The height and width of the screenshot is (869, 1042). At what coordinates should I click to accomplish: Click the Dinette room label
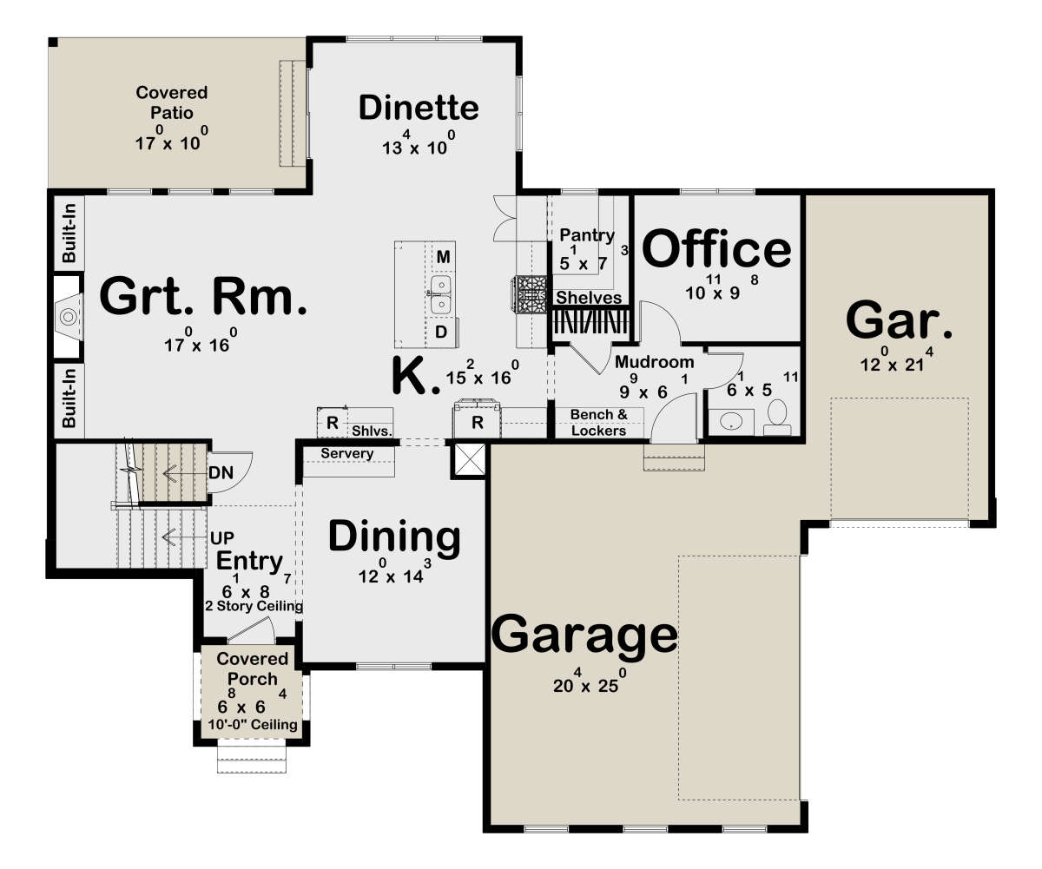[419, 108]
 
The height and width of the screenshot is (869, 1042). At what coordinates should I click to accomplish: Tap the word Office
[716, 248]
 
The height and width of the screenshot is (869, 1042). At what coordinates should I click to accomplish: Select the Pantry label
[587, 235]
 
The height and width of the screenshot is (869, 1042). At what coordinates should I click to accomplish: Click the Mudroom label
[654, 362]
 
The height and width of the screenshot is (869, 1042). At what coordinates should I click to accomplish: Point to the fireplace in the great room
[69, 316]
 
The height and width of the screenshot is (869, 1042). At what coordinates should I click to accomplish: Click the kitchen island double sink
[440, 295]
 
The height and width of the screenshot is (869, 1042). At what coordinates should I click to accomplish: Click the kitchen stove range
[530, 294]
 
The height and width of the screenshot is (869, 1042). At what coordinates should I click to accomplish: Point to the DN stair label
[221, 472]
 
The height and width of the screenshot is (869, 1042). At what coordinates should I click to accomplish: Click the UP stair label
[222, 538]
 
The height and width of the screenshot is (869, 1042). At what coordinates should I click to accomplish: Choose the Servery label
[346, 453]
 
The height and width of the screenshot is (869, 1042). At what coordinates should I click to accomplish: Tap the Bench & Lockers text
[598, 422]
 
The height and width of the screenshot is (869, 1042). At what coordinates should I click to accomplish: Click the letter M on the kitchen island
[443, 257]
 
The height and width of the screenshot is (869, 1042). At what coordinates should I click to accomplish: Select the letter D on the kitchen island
[440, 332]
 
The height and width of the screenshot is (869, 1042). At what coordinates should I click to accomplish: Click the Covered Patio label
[172, 102]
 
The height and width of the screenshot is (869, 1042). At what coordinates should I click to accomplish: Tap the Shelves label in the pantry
[589, 298]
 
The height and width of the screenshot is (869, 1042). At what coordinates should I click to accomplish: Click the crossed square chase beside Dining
[469, 460]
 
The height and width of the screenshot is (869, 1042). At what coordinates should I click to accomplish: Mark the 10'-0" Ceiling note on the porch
[253, 724]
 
